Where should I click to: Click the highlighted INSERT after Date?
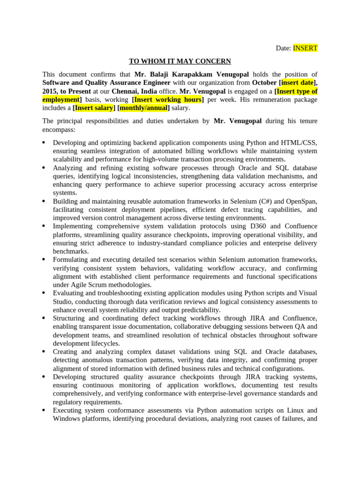(305, 48)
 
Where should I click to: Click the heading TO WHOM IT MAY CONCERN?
(173, 61)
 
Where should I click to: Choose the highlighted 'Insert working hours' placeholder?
(168, 100)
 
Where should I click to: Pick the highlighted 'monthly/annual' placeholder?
(143, 108)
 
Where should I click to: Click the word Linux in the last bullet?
(307, 411)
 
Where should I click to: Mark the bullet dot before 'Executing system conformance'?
(44, 410)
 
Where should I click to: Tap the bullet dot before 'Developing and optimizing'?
(44, 142)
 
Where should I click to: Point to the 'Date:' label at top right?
(283, 48)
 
